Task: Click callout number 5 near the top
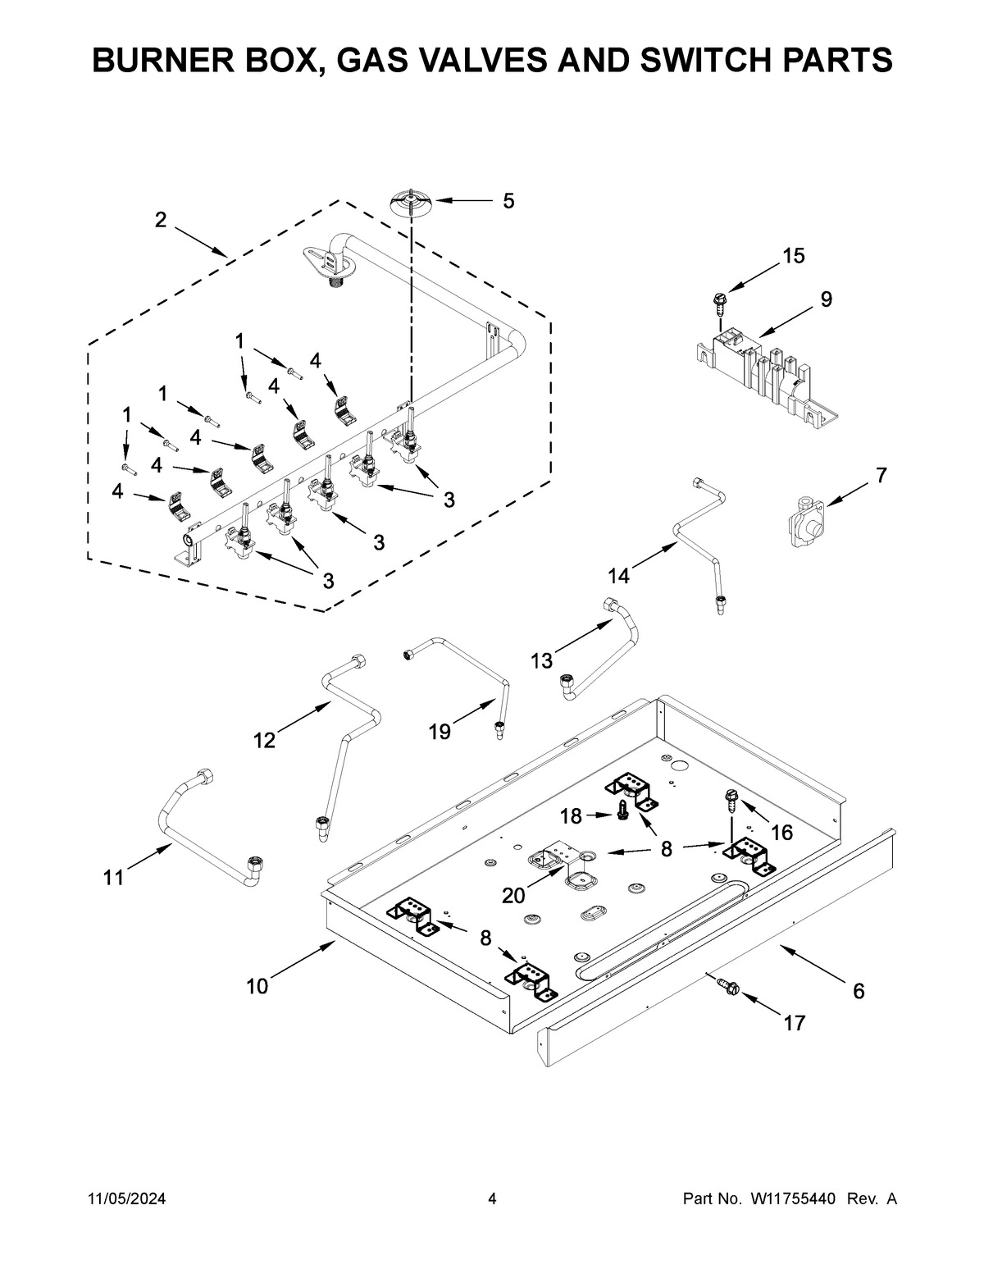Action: [508, 201]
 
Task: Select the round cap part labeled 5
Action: [409, 201]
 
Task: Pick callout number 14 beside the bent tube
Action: [618, 576]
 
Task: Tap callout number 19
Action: [440, 732]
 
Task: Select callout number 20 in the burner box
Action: [514, 896]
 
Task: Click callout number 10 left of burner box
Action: [257, 986]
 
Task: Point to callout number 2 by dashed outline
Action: [161, 220]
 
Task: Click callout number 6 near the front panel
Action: [858, 991]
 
